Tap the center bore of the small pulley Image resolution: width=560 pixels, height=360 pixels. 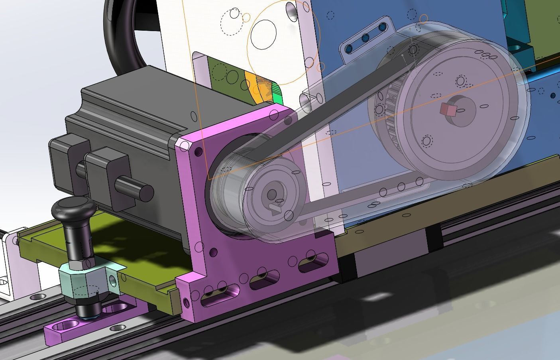pyautogui.click(x=272, y=195)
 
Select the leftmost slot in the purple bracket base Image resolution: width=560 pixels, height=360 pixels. pyautogui.click(x=215, y=296)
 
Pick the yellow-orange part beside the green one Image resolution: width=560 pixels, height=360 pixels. pyautogui.click(x=253, y=86)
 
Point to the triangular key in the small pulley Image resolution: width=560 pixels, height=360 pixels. pyautogui.click(x=275, y=209)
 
